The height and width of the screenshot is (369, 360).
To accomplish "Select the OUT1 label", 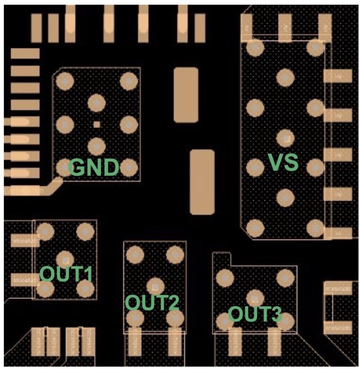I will tap(66, 273).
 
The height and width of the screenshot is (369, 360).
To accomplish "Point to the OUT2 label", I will tap(152, 303).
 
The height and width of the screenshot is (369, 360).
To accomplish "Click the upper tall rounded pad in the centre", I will tap(186, 95).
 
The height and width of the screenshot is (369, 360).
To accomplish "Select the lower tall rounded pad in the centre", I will tap(202, 182).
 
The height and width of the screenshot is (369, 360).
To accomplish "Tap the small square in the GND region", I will tap(97, 124).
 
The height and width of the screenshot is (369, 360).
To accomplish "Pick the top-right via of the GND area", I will tap(128, 81).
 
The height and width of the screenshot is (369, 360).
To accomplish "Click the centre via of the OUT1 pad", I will tap(65, 259).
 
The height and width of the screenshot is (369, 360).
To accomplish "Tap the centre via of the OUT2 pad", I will tap(155, 286).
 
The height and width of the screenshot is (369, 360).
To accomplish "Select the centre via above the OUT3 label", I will tap(255, 297).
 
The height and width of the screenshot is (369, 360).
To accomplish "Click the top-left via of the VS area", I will tap(255, 48).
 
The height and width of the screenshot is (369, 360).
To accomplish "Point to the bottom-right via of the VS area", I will tap(315, 228).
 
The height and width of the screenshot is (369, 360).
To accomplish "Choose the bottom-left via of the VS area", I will tap(255, 228).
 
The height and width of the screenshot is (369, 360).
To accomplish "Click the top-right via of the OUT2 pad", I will tap(174, 255).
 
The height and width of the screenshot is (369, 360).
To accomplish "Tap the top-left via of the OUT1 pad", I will tap(45, 230).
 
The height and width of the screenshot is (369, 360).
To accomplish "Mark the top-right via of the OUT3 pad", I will tap(285, 277).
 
